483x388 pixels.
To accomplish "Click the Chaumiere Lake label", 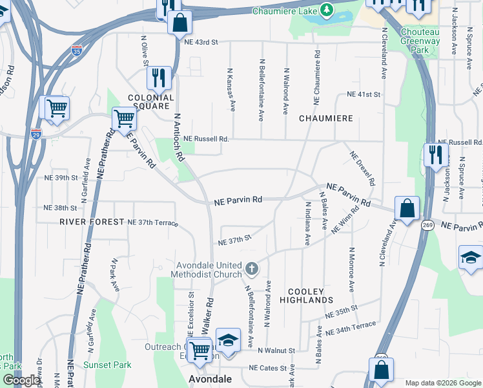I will click(x=283, y=11).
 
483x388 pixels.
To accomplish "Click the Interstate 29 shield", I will click(x=36, y=133).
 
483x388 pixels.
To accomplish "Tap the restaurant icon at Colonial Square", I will click(x=158, y=78).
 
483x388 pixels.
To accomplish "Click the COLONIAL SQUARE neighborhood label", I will click(x=151, y=102).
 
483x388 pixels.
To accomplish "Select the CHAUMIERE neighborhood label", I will click(x=325, y=118).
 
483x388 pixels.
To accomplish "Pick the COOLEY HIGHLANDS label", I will click(x=306, y=296).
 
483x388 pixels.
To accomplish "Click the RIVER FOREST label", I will click(x=91, y=222).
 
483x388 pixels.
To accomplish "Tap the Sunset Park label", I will click(x=107, y=365).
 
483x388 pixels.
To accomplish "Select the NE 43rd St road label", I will click(x=201, y=41).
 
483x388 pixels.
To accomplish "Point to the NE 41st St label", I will click(x=363, y=94).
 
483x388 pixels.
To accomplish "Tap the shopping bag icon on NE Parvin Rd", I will click(x=407, y=209).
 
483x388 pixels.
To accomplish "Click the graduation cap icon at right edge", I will click(x=471, y=257).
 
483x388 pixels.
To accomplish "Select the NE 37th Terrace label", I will click(x=152, y=222).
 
